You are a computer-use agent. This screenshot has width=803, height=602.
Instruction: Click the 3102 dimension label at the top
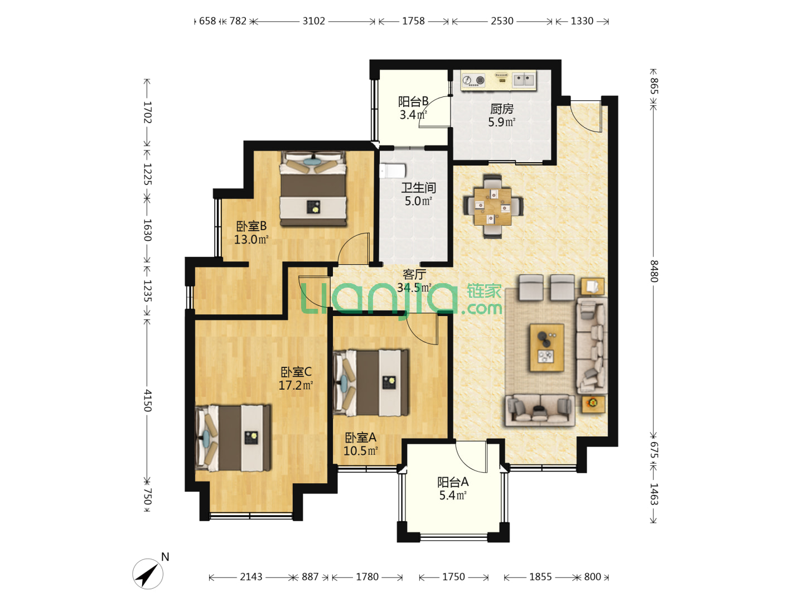tap(313, 21)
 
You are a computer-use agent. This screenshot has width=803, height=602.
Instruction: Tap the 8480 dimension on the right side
tap(654, 271)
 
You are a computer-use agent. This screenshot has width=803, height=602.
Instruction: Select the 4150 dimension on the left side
tap(147, 400)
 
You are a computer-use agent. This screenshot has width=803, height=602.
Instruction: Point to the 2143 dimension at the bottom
tap(251, 577)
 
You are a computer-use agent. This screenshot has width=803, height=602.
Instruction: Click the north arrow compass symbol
tap(148, 574)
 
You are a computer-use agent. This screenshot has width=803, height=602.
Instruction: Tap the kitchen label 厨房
tap(501, 109)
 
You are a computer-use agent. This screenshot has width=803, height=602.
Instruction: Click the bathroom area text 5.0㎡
tap(418, 201)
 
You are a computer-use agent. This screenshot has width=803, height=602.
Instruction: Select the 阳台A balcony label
tap(453, 482)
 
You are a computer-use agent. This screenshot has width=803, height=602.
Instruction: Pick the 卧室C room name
tap(296, 372)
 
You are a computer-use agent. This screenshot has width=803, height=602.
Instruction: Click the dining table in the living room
tap(492, 206)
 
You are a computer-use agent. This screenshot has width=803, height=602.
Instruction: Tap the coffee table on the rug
tap(547, 348)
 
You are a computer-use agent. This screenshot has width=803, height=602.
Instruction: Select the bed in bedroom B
tap(313, 189)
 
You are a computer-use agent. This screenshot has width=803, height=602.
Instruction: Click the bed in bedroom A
tap(371, 383)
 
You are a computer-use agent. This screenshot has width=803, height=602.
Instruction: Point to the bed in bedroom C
tap(233, 438)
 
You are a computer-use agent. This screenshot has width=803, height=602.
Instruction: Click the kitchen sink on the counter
tap(524, 79)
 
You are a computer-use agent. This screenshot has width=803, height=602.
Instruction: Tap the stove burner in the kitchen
tap(473, 80)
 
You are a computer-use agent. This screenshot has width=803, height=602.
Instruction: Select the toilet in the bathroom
tap(393, 171)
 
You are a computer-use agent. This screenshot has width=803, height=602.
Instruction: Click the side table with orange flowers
tap(593, 404)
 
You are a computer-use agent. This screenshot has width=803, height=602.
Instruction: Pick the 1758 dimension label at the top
tap(413, 21)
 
